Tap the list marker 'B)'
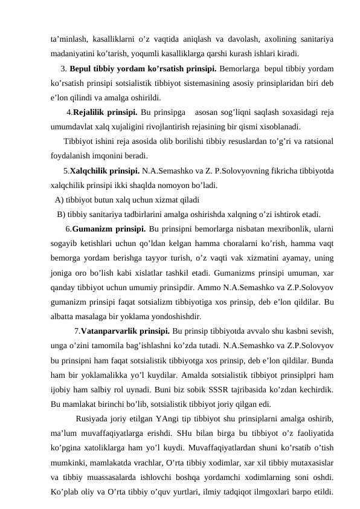62,215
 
